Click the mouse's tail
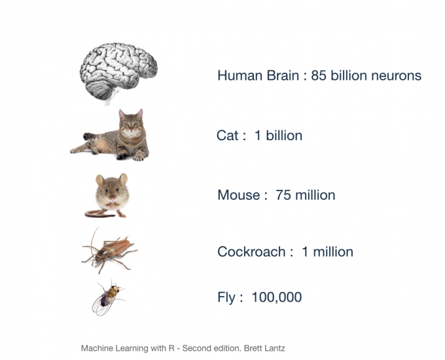[95, 213]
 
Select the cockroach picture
[109, 249]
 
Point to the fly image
[107, 298]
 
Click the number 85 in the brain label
[319, 76]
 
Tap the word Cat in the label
[227, 135]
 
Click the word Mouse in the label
[238, 195]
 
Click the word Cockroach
[251, 252]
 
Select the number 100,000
[277, 297]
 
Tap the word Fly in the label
[226, 298]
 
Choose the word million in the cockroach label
[333, 252]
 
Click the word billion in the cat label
[283, 135]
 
